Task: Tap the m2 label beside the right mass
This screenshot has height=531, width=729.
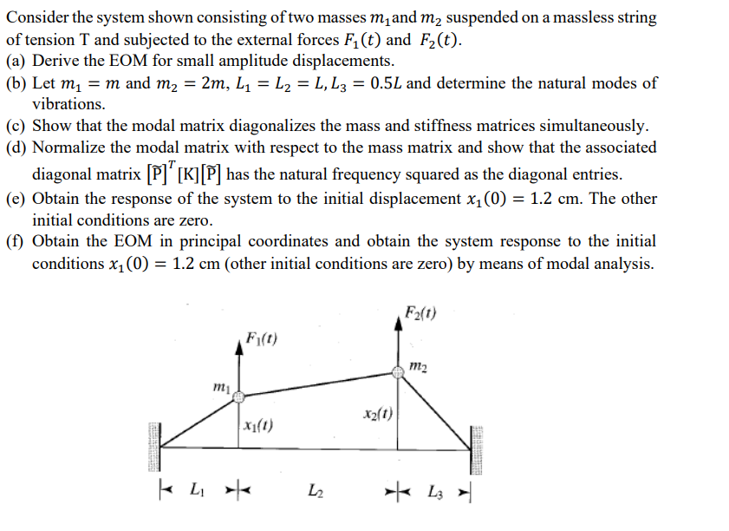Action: click(418, 369)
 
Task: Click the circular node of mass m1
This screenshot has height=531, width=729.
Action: click(239, 397)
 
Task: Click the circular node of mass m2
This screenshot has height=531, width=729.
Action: click(398, 372)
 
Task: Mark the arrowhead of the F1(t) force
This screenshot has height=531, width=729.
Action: click(239, 345)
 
